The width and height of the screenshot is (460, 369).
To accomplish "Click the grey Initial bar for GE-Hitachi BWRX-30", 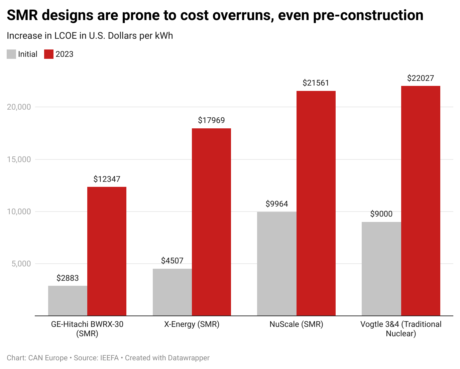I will (68, 300).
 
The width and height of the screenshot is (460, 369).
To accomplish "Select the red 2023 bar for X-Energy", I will (211, 222).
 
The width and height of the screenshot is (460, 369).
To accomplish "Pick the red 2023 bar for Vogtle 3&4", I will (421, 201).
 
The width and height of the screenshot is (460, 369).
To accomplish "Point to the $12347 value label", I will (107, 179).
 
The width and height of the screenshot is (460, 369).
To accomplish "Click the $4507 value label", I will (172, 261).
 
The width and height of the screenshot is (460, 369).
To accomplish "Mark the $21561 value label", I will (316, 83).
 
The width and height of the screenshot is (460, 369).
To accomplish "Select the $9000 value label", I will (381, 214).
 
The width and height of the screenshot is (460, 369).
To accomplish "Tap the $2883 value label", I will (68, 278).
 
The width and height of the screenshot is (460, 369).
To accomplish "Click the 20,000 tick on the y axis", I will (19, 107).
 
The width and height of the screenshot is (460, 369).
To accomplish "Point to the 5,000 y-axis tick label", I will (21, 264).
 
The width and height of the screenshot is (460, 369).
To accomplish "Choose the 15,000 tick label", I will (19, 159).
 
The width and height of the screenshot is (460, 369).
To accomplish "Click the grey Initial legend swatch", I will (11, 54).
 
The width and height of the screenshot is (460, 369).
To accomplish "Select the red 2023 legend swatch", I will (49, 54).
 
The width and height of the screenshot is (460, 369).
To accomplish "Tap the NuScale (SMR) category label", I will (296, 324).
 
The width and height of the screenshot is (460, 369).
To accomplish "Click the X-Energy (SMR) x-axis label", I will (192, 324).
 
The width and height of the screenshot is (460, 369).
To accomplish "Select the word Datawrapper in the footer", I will (189, 358).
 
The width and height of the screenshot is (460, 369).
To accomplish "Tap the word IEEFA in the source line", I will (109, 358).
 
